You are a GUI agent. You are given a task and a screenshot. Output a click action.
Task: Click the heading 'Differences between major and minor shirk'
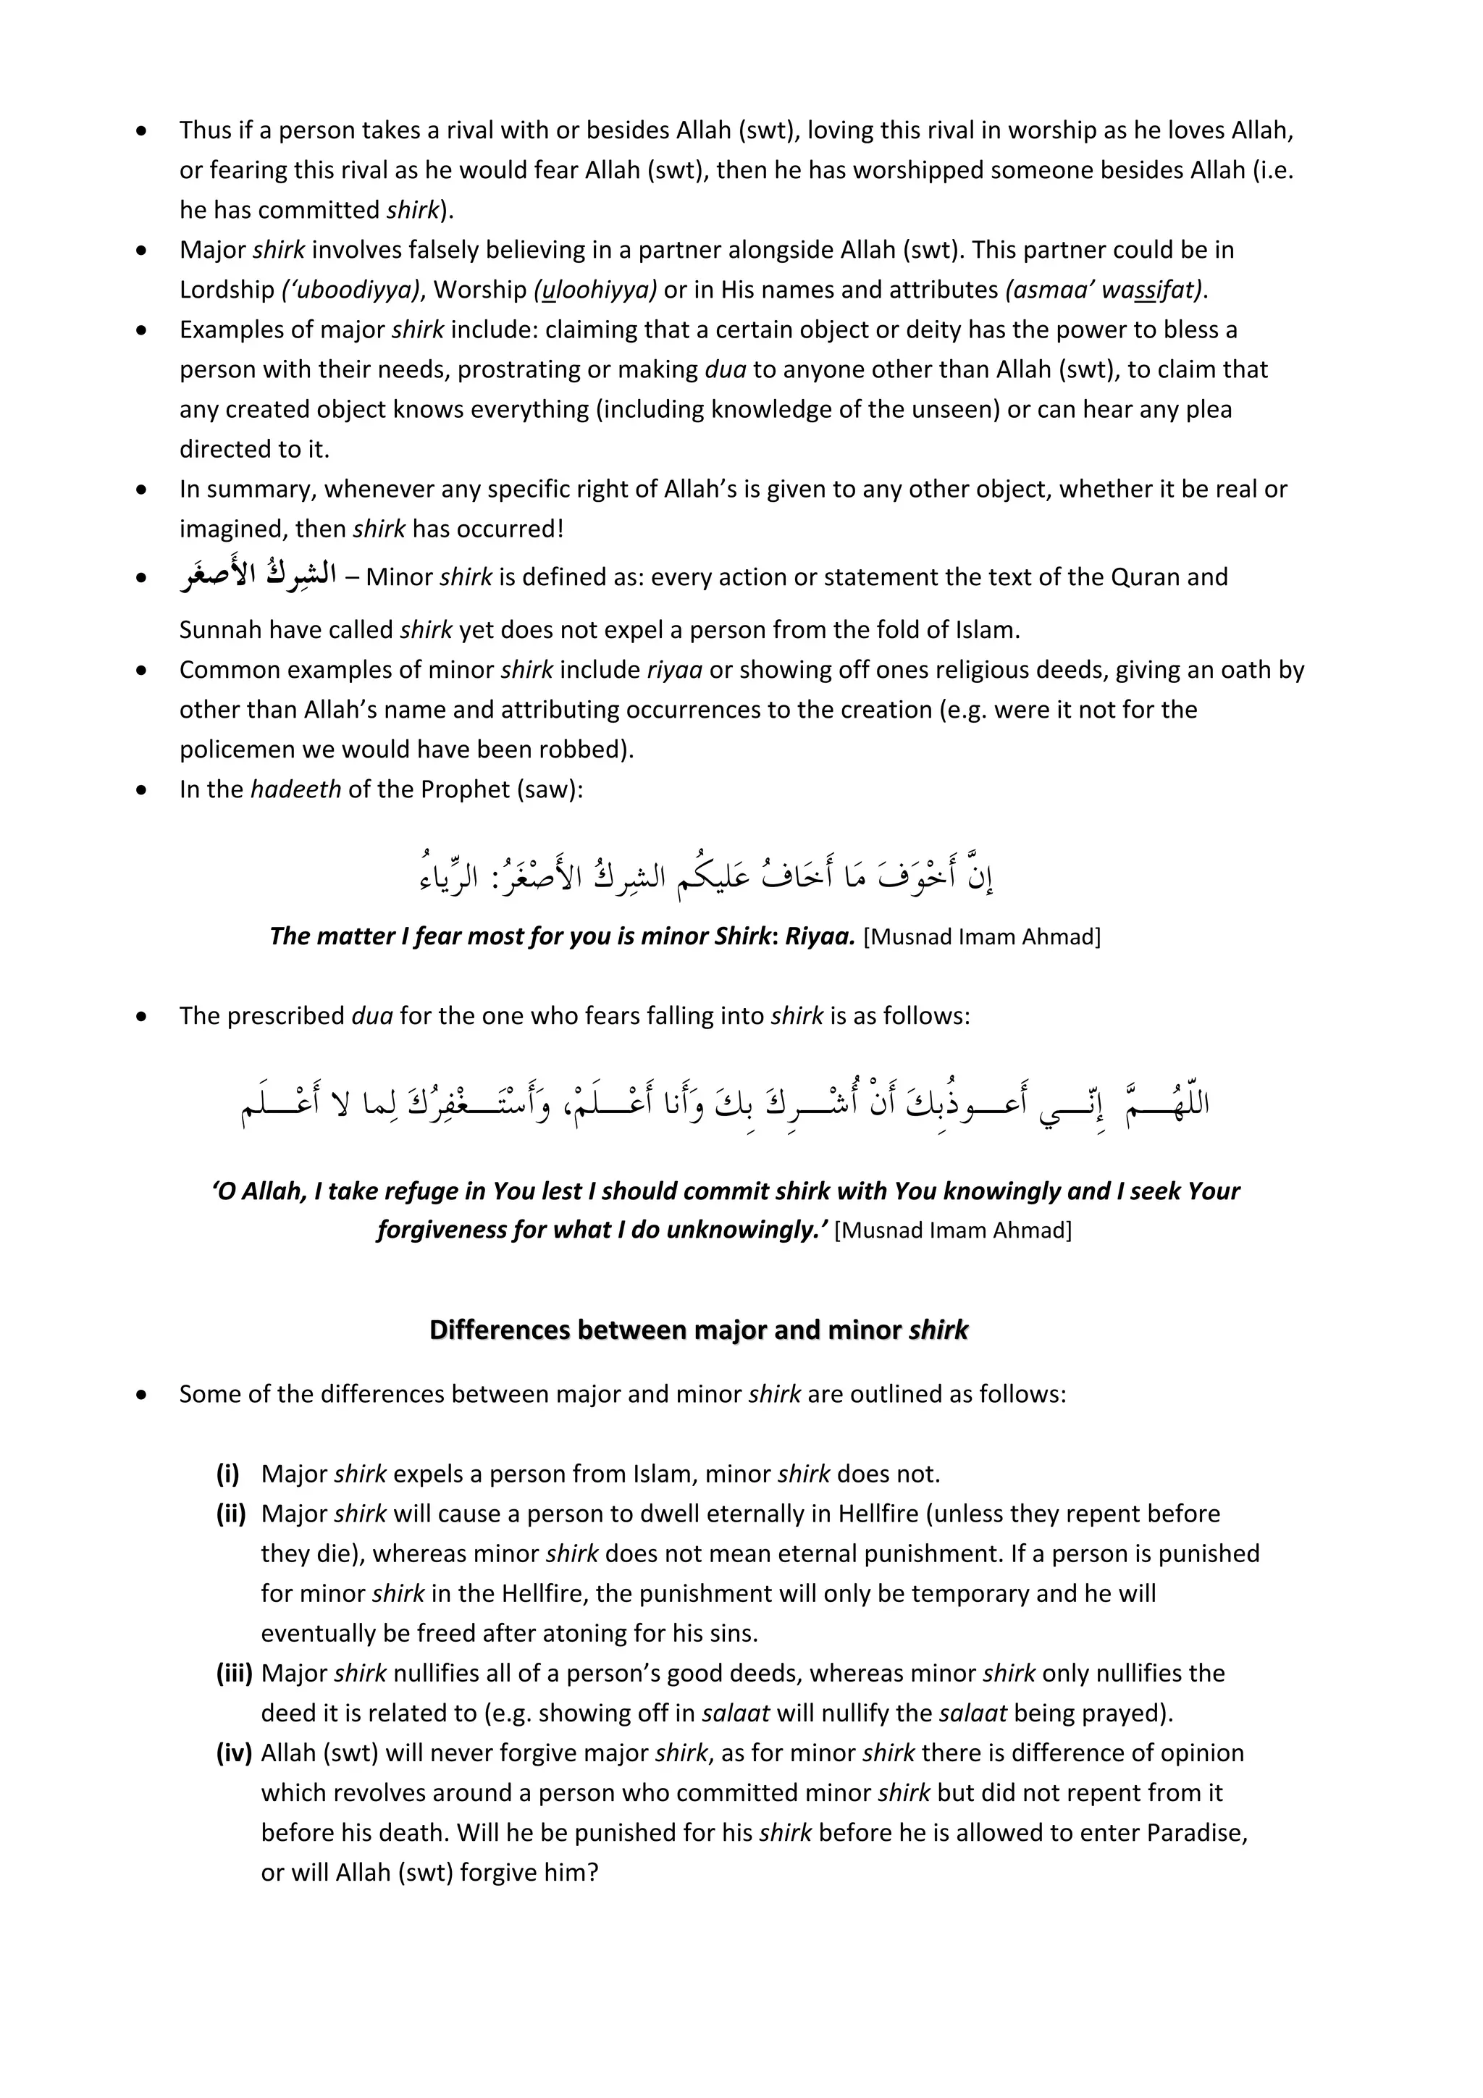coord(698,1330)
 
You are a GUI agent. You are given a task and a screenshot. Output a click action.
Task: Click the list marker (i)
coord(227,1474)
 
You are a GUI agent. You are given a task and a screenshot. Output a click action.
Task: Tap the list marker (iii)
coord(234,1673)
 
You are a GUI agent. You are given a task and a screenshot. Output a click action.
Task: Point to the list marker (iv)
coord(234,1753)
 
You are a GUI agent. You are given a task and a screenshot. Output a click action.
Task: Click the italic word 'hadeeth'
coord(295,789)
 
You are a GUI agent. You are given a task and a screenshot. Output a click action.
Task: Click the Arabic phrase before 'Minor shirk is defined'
coord(258,576)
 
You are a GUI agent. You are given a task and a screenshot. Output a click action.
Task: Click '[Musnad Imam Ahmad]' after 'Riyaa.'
coord(981,938)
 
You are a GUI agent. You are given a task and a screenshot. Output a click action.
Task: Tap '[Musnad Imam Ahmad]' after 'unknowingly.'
coord(953,1230)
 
